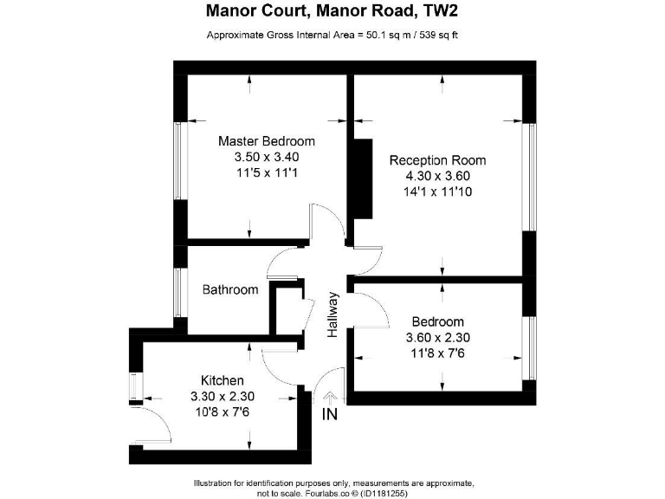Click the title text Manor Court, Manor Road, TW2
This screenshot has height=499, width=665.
coord(332,12)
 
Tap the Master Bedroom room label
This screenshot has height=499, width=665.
coord(266,141)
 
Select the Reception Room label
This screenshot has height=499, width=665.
coord(437,160)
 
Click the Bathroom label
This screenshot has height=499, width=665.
coord(230,290)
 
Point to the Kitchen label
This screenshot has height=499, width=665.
coord(222,380)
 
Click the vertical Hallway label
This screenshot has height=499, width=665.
coord(332,314)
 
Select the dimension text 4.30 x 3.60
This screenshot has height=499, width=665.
coord(437,176)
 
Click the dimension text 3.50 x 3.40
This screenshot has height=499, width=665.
coord(266,157)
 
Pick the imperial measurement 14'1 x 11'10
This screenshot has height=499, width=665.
coord(437,191)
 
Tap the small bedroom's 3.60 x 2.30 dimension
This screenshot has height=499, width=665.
coord(437,338)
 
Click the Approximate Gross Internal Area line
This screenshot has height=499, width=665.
coord(332,36)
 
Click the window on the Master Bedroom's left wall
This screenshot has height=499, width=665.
coord(179,160)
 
